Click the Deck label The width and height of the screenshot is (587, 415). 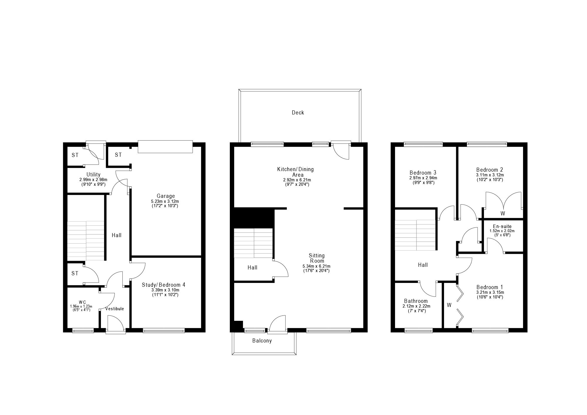(298, 113)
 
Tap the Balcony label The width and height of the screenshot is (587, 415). (262, 341)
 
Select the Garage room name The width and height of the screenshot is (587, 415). (166, 196)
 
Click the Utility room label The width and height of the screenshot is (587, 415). (93, 175)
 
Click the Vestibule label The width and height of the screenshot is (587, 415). (114, 309)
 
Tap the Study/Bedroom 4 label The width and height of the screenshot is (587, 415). (163, 285)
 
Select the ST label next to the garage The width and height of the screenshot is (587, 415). (118, 155)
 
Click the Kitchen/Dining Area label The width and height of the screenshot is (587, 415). (296, 172)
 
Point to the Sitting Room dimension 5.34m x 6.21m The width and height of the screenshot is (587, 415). (316, 266)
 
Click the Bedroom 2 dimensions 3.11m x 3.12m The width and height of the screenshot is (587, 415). (489, 175)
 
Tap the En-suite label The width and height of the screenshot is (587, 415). (502, 226)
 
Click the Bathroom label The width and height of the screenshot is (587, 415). (416, 301)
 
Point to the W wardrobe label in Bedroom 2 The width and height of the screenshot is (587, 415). (502, 214)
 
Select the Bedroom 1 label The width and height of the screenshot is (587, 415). (489, 287)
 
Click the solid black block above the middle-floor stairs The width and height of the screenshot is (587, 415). (254, 218)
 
